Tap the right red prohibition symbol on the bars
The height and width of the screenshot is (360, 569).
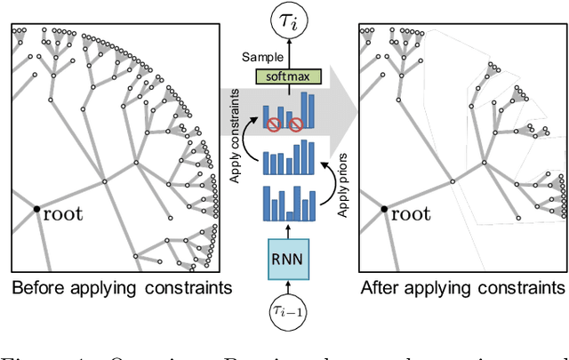[x=295, y=124]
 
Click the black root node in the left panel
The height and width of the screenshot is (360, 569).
[x=36, y=210]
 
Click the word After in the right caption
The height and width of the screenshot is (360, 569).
[x=382, y=288]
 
